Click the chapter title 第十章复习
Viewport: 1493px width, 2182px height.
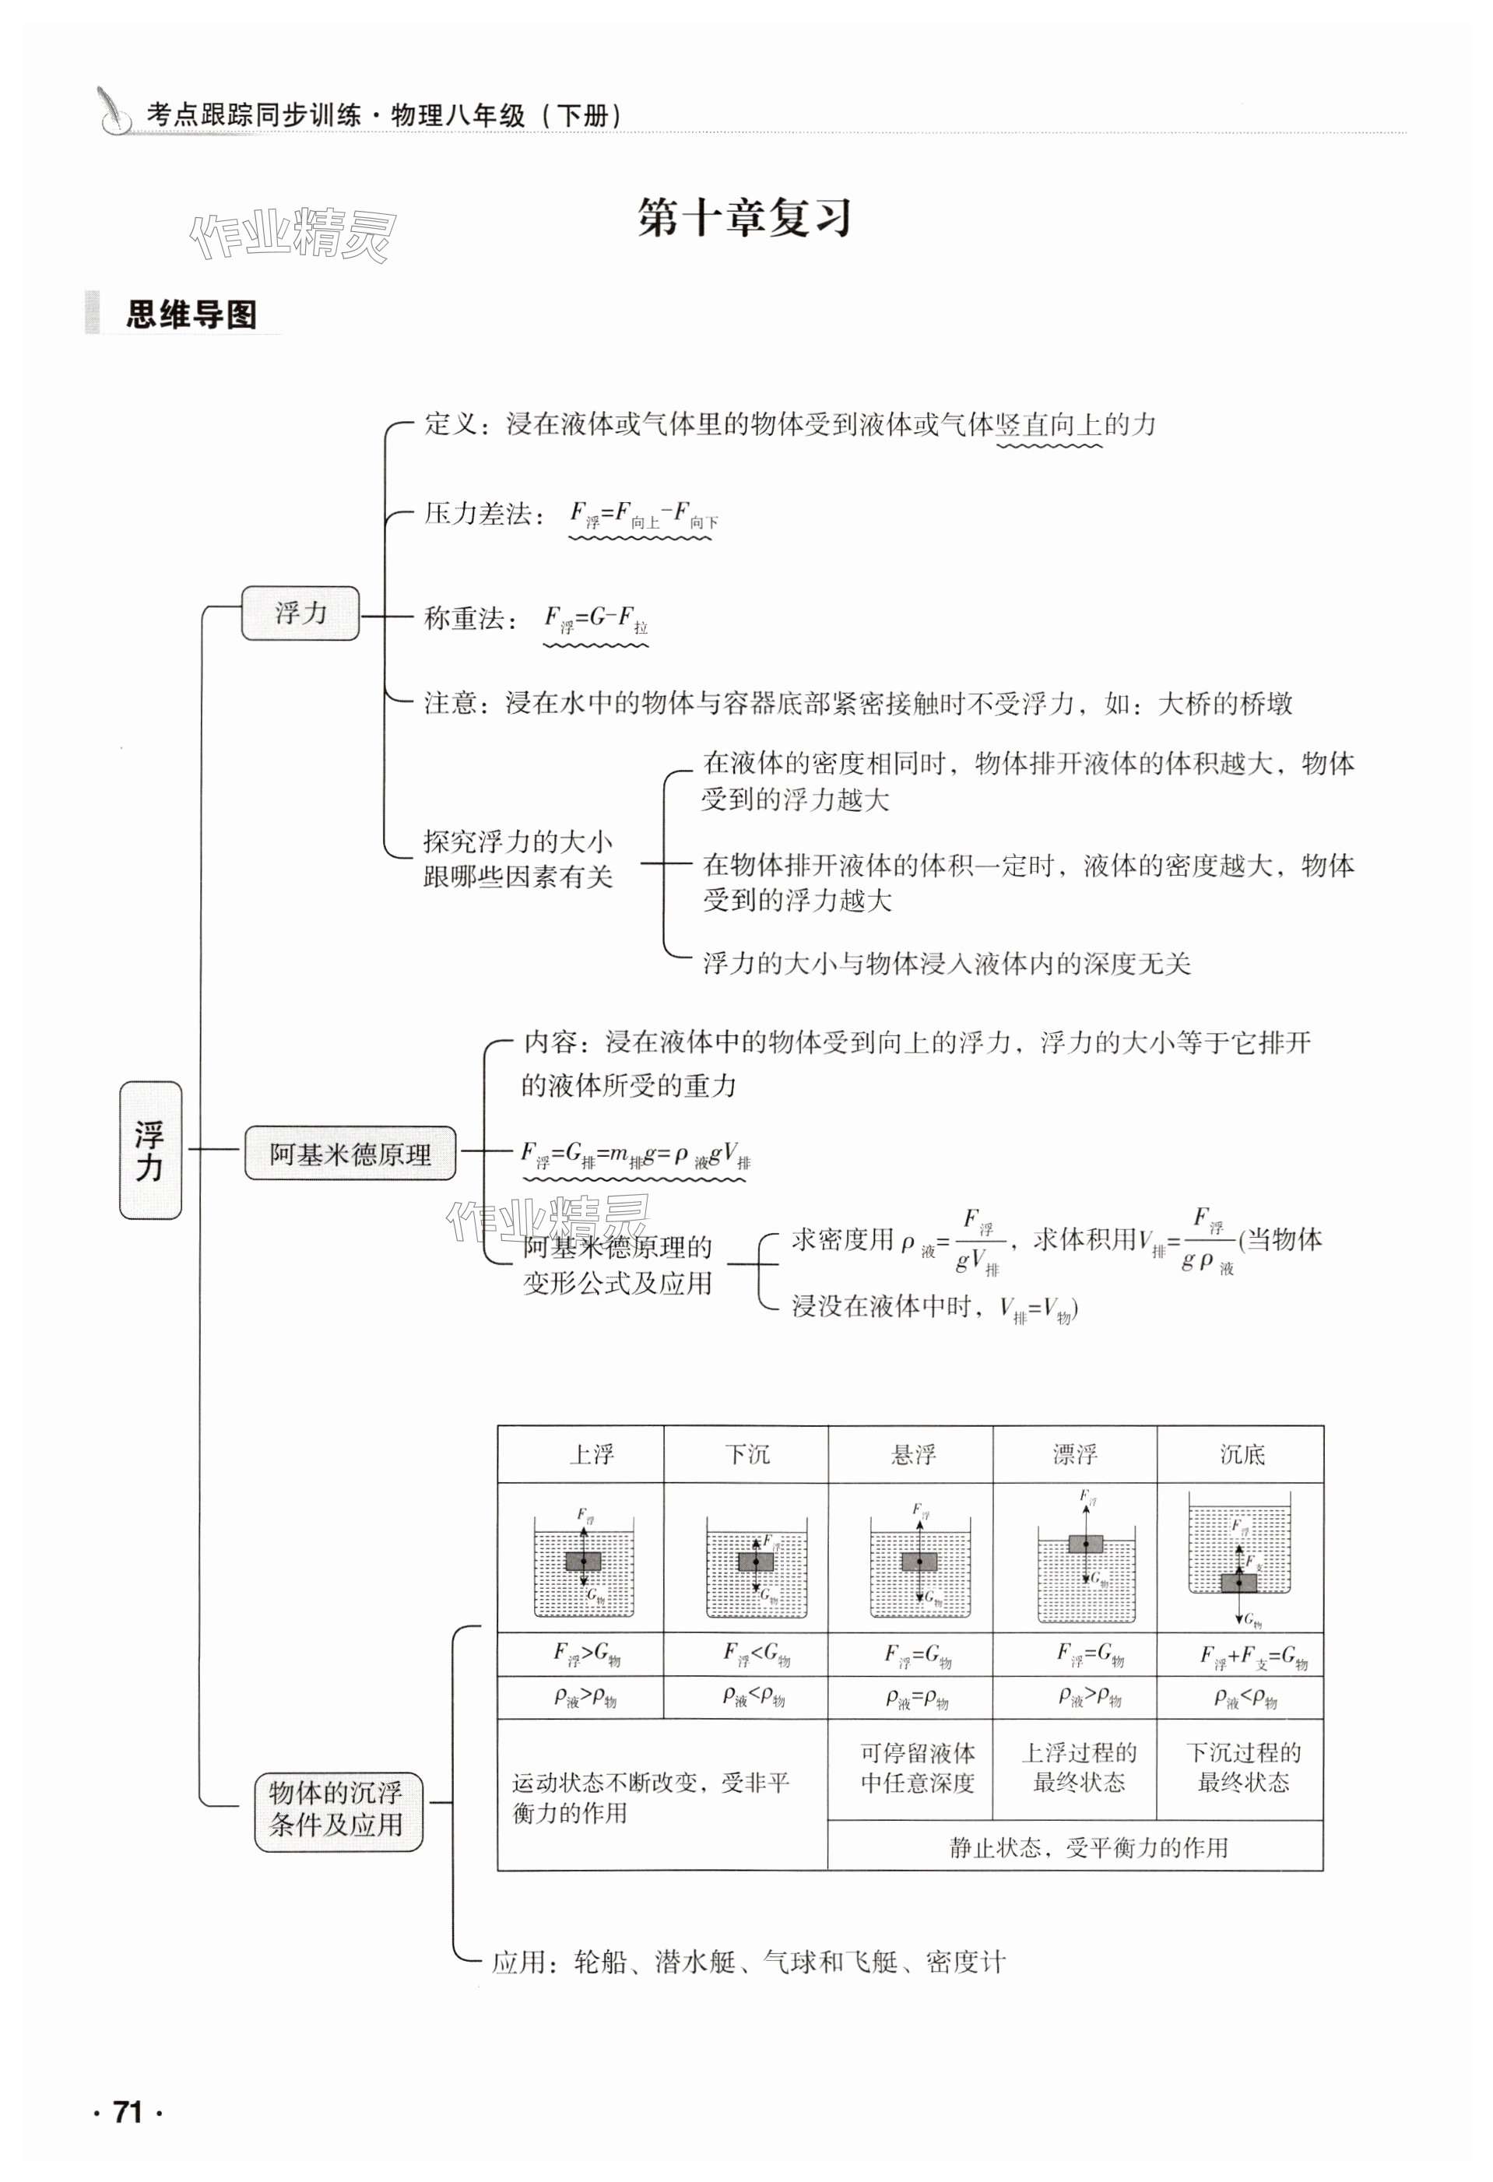tap(743, 219)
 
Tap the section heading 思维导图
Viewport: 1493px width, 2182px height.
tap(191, 314)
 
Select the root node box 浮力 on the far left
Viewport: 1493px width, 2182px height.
tap(150, 1150)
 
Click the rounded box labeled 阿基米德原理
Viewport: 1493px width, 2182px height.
tap(350, 1154)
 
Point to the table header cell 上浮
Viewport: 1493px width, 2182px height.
tap(592, 1455)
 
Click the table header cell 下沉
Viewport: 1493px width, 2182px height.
tap(747, 1455)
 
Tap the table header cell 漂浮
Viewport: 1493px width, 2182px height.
tap(1075, 1455)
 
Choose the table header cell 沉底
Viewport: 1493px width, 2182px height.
tap(1242, 1455)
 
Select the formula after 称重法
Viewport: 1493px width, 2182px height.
tap(596, 620)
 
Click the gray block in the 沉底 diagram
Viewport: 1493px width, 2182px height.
tap(1238, 1583)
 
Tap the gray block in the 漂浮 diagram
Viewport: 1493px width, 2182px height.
tap(1085, 1544)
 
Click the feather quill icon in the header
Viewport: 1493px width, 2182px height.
tap(115, 111)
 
